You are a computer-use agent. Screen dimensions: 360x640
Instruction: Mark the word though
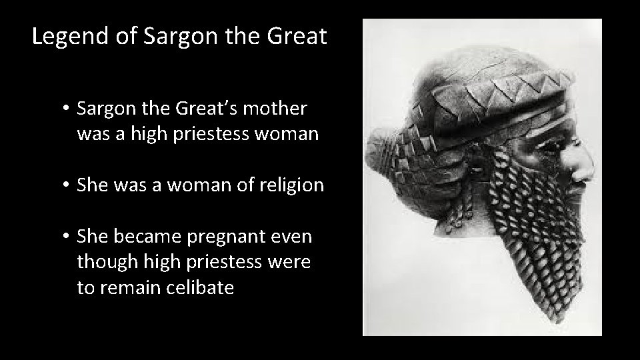105,263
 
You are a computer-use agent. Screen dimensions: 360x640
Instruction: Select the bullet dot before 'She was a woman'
67,185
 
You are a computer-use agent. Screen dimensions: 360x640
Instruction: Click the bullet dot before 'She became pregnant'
67,237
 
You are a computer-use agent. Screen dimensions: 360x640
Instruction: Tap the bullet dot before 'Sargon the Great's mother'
67,108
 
